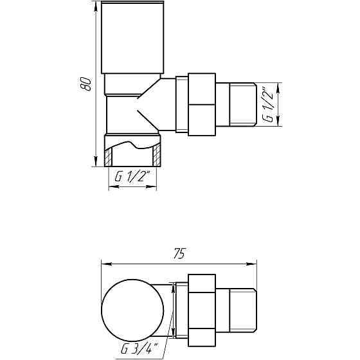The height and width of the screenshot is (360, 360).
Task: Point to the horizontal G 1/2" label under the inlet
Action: pyautogui.click(x=132, y=177)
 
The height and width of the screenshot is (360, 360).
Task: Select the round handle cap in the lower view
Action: pyautogui.click(x=128, y=308)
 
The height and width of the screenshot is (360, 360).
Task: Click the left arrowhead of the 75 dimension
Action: pyautogui.click(x=105, y=263)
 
